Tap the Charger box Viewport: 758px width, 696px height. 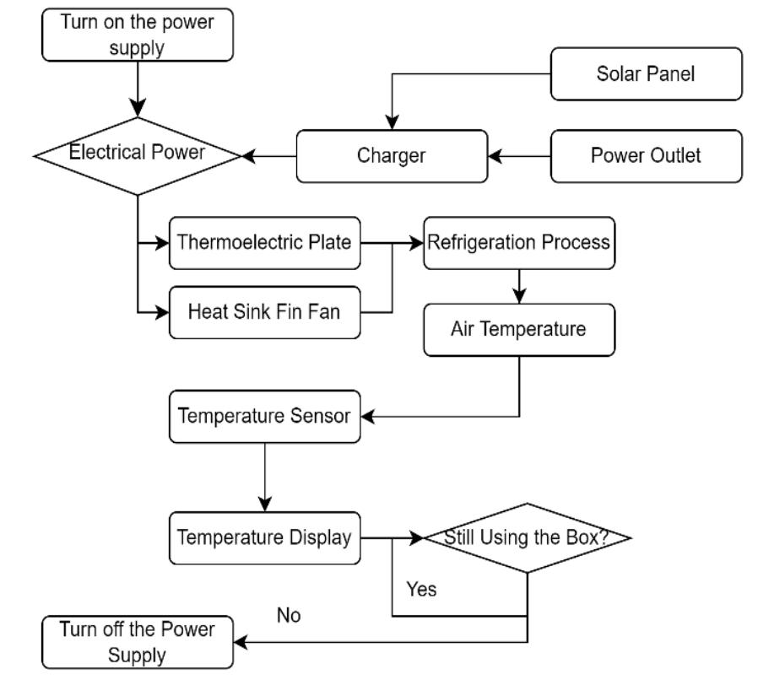pyautogui.click(x=392, y=156)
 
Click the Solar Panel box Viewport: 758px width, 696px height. pyautogui.click(x=646, y=73)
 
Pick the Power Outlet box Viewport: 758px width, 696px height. pyautogui.click(x=646, y=156)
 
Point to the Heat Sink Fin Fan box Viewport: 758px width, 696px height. pyautogui.click(x=264, y=311)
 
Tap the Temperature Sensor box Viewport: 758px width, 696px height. pyautogui.click(x=264, y=415)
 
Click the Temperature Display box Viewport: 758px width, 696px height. pyautogui.click(x=264, y=537)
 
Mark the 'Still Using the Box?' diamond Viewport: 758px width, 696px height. pyautogui.click(x=528, y=537)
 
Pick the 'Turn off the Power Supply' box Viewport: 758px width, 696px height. pyautogui.click(x=138, y=642)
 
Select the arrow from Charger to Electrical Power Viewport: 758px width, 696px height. pyautogui.click(x=268, y=156)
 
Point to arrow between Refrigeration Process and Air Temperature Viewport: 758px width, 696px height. pyautogui.click(x=520, y=287)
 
